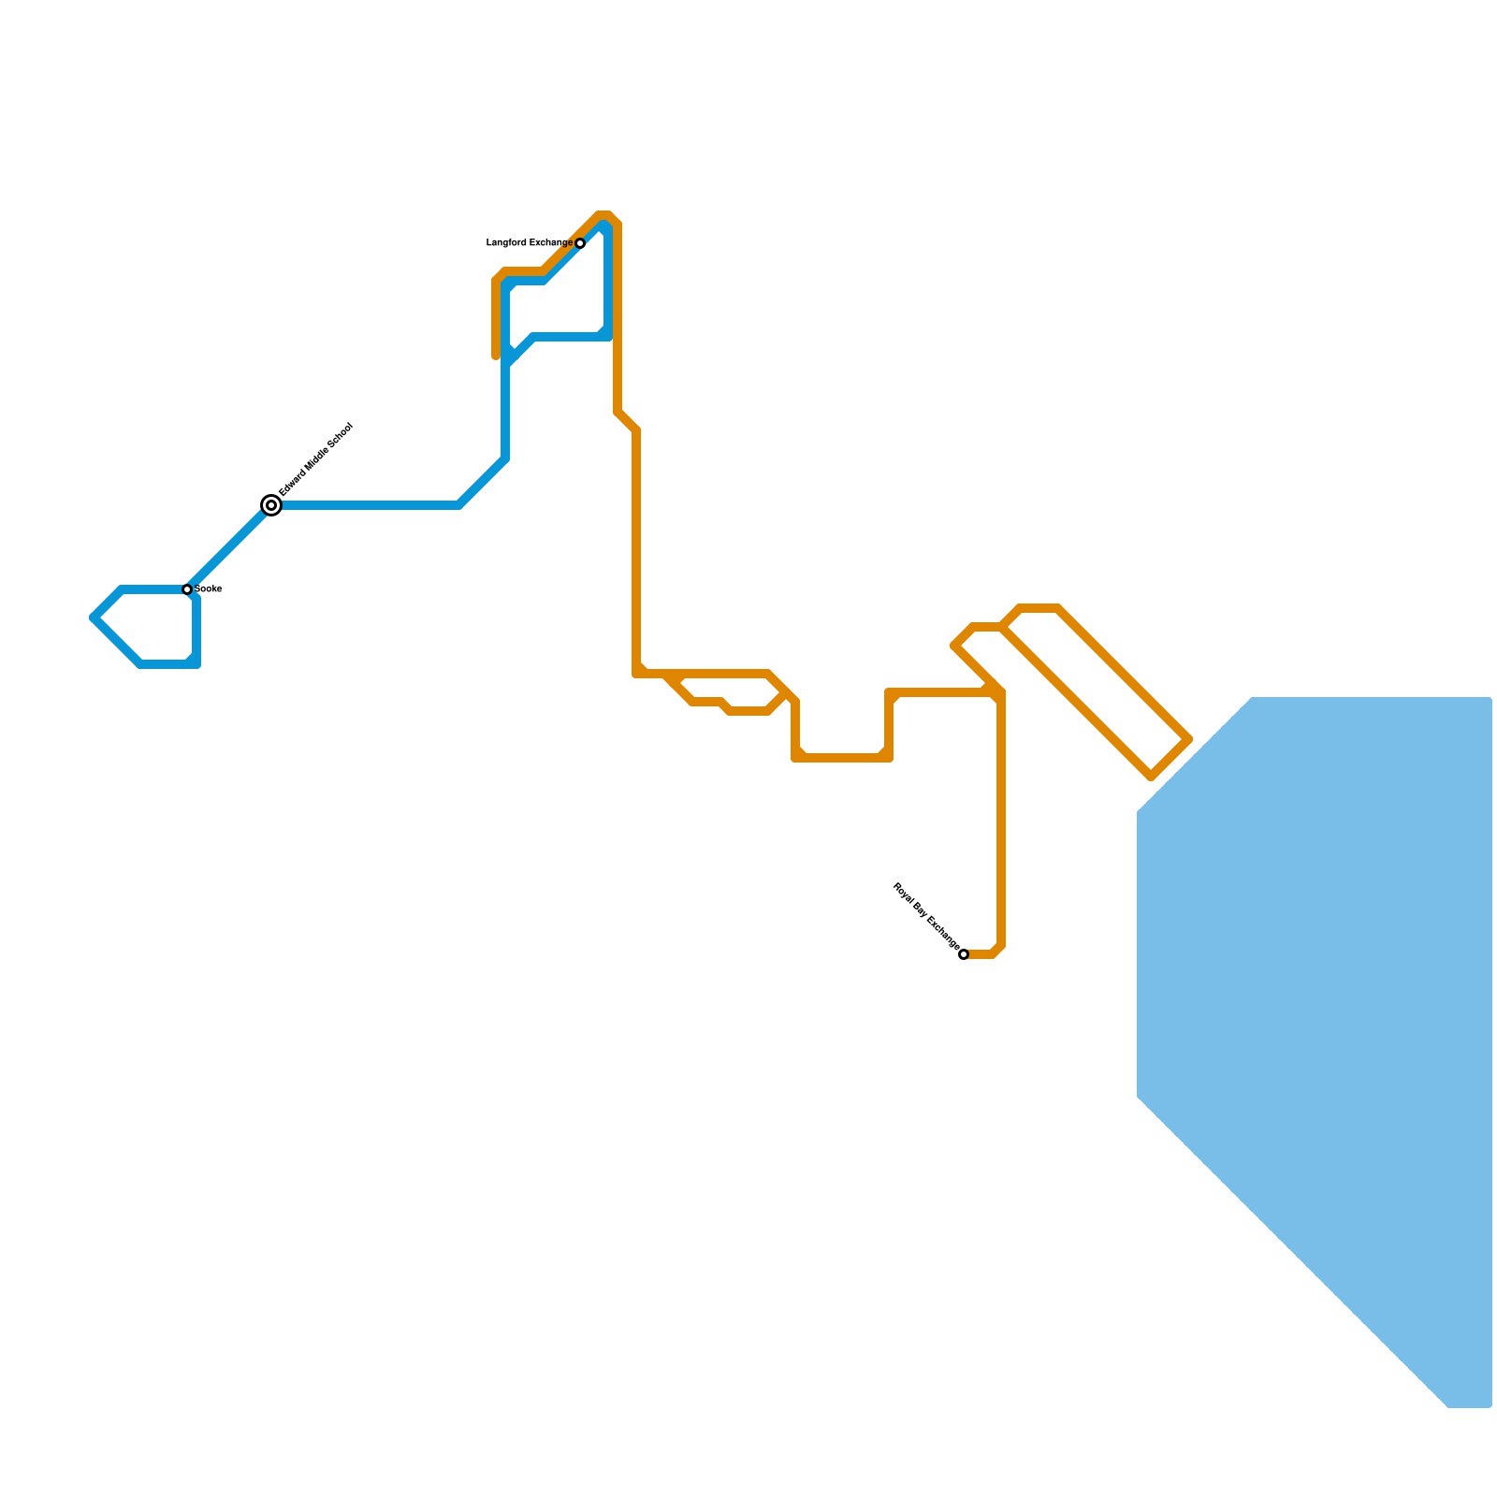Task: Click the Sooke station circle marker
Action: tap(187, 589)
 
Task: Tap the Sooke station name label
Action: tap(208, 589)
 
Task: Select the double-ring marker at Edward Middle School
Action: tap(271, 505)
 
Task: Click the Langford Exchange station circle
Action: tap(580, 243)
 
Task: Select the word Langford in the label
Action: tap(507, 243)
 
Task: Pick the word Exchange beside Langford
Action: tap(551, 243)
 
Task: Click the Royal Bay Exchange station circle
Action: tap(964, 954)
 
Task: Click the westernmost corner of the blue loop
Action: tap(94, 618)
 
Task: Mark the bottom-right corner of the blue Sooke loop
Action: tap(196, 664)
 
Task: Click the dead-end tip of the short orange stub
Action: tap(496, 356)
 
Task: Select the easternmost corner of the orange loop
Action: tap(1189, 739)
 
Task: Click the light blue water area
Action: tap(1329, 982)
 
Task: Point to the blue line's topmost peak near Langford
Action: tap(603, 224)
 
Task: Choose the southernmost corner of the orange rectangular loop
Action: tap(1152, 777)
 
